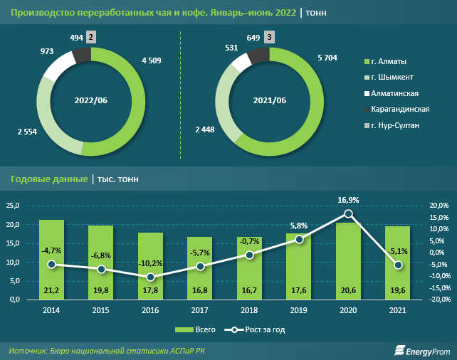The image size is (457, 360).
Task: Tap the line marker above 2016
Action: click(140, 277)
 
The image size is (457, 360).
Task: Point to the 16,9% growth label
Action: click(348, 200)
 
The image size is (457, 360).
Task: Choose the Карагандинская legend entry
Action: click(399, 109)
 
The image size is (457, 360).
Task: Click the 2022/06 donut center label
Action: click(91, 100)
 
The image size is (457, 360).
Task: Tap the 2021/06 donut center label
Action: click(270, 100)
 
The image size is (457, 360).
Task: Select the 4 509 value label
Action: click(152, 60)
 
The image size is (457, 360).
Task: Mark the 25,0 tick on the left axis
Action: click(13, 206)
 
